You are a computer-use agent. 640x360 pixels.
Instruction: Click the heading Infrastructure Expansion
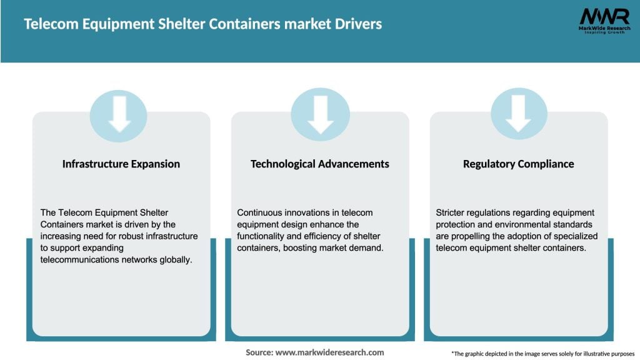[x=121, y=164]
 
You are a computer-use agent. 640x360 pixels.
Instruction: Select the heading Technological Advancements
[x=320, y=164]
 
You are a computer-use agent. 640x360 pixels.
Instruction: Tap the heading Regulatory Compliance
[x=518, y=164]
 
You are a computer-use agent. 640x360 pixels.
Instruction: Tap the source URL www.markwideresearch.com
[x=329, y=352]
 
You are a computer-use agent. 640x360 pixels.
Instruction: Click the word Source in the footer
[x=259, y=352]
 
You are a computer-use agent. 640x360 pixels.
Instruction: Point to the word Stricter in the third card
[x=451, y=212]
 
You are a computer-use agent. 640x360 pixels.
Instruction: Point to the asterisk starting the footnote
[x=452, y=353]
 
